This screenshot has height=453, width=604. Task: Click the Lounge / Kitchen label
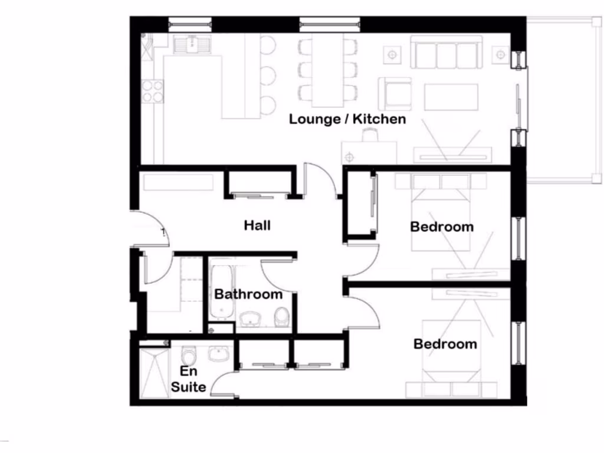pos(347,119)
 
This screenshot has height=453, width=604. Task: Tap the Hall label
pos(257,225)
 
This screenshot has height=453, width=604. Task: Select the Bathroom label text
pos(248,294)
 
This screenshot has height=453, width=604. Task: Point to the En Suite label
pos(189,379)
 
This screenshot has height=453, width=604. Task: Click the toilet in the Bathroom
pos(282,317)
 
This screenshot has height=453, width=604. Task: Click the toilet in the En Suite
pos(189,356)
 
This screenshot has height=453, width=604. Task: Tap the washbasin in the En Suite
pos(219,353)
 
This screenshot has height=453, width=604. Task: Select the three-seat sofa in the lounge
pos(447,53)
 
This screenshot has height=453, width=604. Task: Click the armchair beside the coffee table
pos(395,93)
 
